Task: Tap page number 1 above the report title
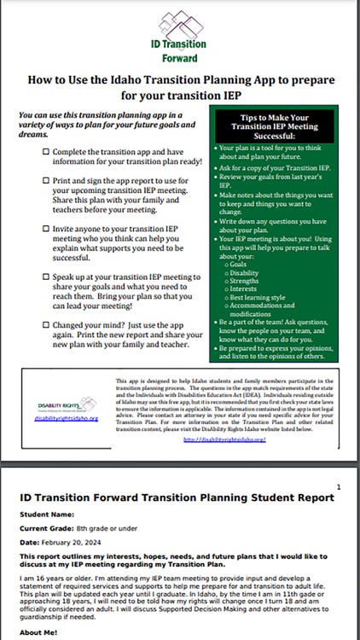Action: (x=340, y=486)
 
